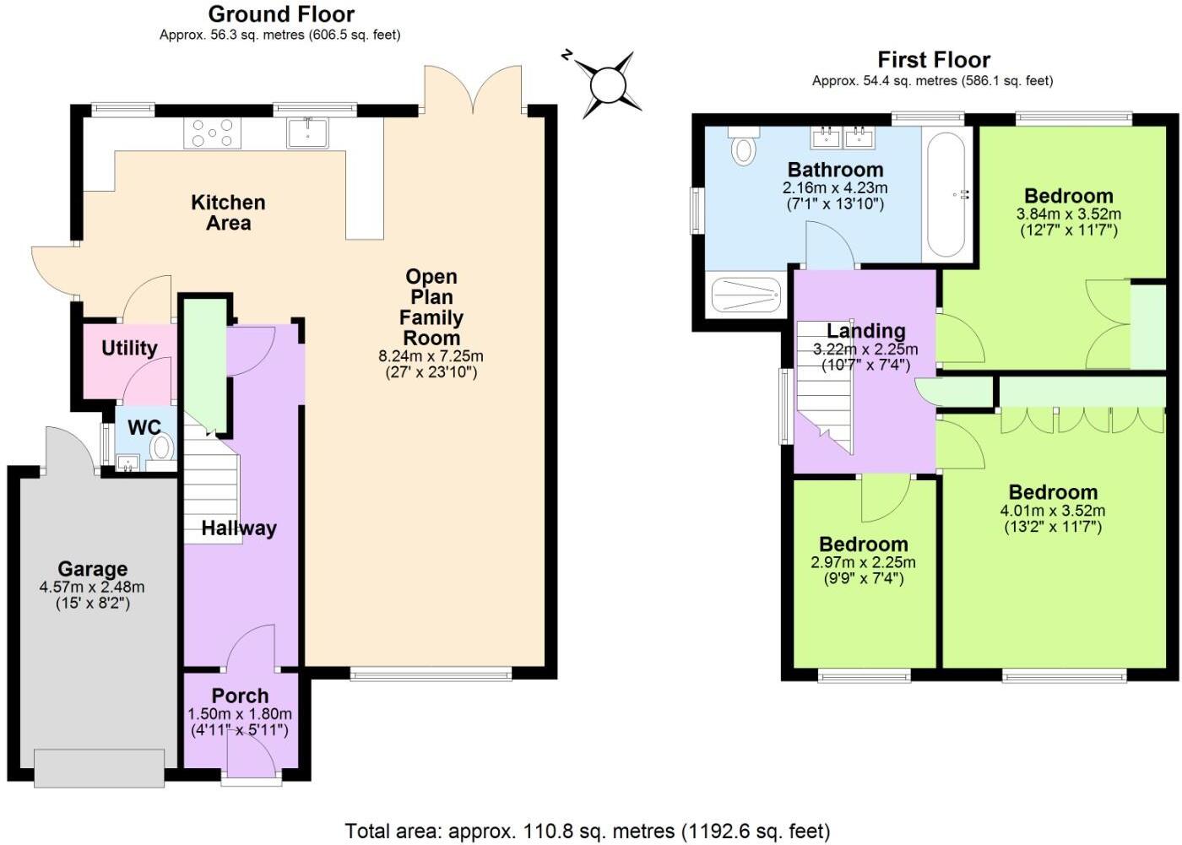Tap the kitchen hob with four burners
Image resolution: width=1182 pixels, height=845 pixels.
pyautogui.click(x=212, y=133)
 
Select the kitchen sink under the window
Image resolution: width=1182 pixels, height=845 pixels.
pyautogui.click(x=307, y=133)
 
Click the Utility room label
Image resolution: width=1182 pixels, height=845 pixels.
pyautogui.click(x=129, y=348)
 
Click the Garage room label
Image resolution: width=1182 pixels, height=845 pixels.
pyautogui.click(x=92, y=569)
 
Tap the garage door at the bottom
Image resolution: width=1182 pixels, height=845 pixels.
pyautogui.click(x=100, y=767)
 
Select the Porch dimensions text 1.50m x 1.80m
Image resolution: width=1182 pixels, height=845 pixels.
pyautogui.click(x=240, y=713)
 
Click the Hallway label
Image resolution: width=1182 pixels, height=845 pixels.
pyautogui.click(x=239, y=528)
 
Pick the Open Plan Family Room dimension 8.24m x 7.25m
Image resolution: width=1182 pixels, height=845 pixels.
pyautogui.click(x=431, y=356)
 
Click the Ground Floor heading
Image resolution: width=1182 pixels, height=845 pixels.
pyautogui.click(x=281, y=14)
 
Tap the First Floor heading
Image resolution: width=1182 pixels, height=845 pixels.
pyautogui.click(x=933, y=60)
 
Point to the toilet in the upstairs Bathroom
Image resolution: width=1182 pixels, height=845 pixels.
pyautogui.click(x=743, y=148)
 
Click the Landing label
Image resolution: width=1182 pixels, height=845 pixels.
pyautogui.click(x=865, y=331)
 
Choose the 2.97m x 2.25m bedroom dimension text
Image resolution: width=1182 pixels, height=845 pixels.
pyautogui.click(x=863, y=562)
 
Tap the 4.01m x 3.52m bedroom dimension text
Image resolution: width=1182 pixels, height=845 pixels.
pyautogui.click(x=1052, y=511)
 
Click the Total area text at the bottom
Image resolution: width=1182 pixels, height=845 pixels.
pyautogui.click(x=588, y=831)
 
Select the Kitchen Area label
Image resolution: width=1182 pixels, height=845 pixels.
pyautogui.click(x=228, y=213)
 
